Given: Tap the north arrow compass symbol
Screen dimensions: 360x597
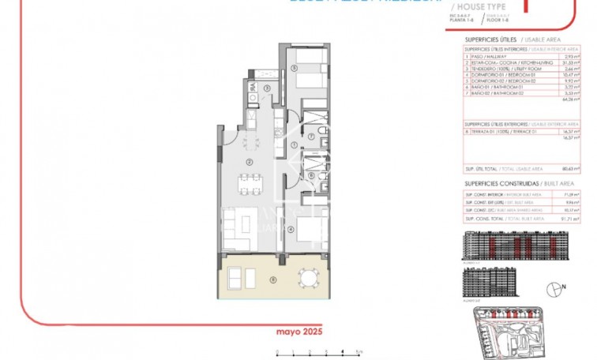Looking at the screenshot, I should (556, 292).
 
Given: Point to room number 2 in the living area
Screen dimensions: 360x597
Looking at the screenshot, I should (250, 162).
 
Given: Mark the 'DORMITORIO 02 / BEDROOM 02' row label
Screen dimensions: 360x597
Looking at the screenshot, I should (497, 81).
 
